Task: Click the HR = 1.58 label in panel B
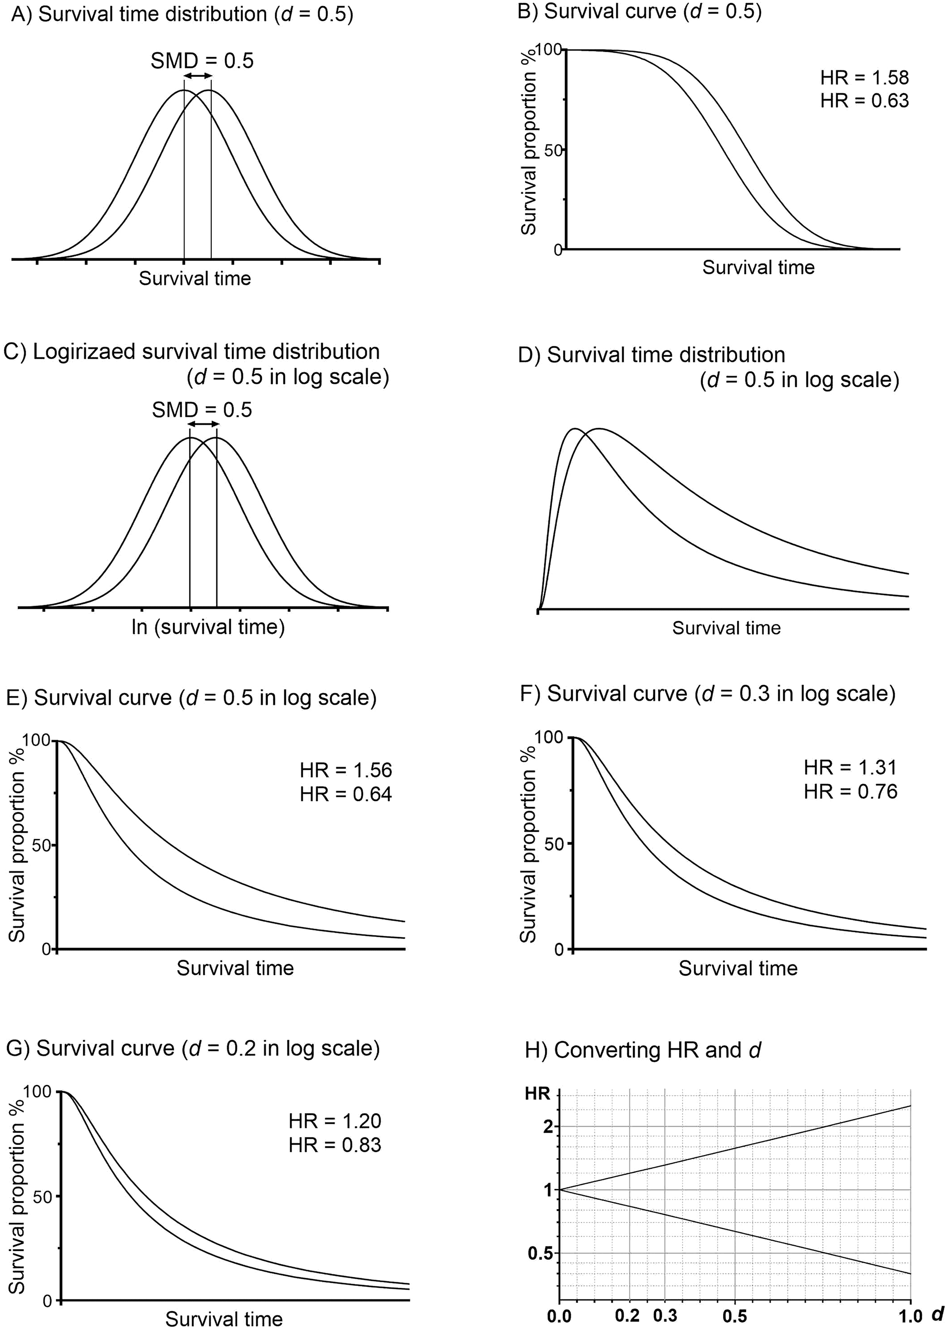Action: (864, 78)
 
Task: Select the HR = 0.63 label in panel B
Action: (864, 101)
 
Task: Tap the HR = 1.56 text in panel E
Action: (346, 770)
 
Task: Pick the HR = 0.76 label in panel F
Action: (850, 792)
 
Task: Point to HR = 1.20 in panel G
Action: (335, 1121)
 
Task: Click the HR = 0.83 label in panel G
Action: (335, 1145)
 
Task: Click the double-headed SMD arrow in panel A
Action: (198, 76)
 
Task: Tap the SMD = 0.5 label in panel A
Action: (202, 61)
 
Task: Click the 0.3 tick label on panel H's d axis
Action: (665, 1315)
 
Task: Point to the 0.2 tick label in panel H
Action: (627, 1315)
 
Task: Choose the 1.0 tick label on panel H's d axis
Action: (910, 1315)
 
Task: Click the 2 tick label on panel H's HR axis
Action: (548, 1126)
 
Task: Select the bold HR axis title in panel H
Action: (537, 1093)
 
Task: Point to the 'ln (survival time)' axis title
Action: (208, 627)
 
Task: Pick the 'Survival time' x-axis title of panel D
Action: (726, 628)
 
